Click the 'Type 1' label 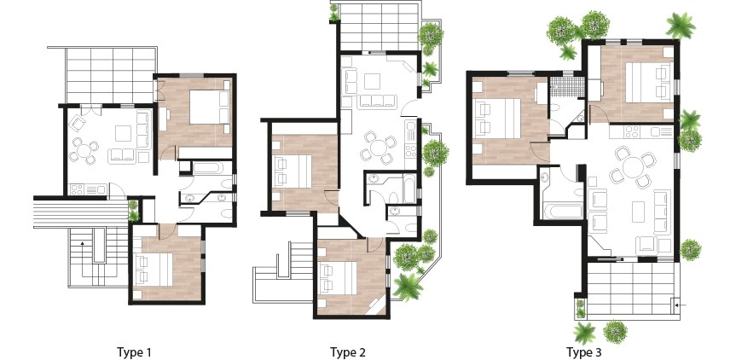tap(134, 352)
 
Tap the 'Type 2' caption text tap(347, 352)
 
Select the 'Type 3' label tap(583, 352)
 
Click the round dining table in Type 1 tap(84, 151)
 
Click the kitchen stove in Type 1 tap(77, 189)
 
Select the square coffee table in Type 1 tap(124, 133)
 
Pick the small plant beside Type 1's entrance tap(134, 211)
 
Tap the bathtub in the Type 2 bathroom tap(409, 189)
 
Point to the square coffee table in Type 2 tap(372, 81)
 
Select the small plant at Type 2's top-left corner tap(333, 13)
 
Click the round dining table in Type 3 tap(633, 167)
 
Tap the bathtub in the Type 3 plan tap(562, 210)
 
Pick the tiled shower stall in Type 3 tap(567, 87)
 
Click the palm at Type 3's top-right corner tap(681, 26)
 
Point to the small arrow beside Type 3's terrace tap(679, 305)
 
